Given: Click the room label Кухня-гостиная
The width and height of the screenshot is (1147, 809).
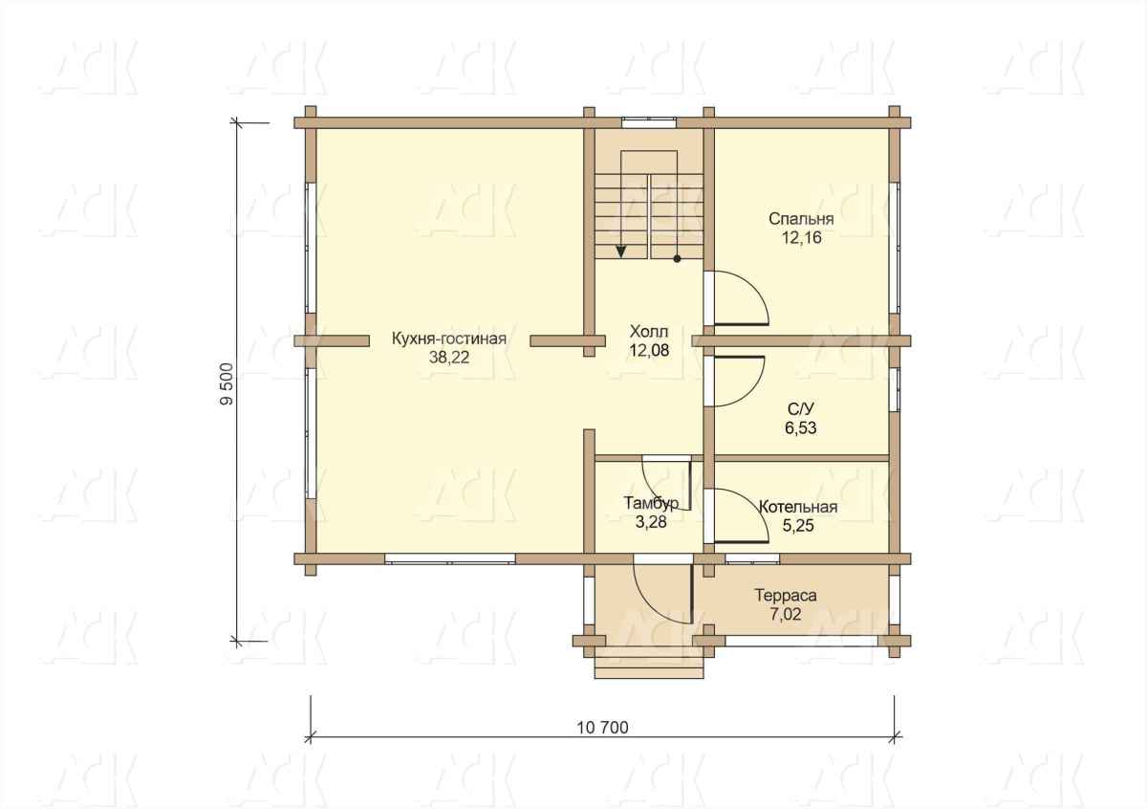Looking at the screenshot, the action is [449, 339].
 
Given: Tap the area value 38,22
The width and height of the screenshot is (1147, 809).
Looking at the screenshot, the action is [449, 358].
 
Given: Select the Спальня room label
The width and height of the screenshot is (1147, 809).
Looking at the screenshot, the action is [801, 219].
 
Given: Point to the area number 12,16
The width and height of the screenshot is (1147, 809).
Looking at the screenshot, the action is [801, 238].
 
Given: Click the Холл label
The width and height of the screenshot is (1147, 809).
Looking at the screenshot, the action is [649, 331].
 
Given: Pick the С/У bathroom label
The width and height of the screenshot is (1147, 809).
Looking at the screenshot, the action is [801, 409].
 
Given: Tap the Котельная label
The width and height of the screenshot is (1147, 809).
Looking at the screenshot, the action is [798, 507].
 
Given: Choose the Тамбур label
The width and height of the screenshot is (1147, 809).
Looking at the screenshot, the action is [651, 503].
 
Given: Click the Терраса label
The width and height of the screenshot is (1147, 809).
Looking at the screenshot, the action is [786, 596].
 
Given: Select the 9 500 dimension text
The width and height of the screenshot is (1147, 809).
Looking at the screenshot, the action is [227, 384].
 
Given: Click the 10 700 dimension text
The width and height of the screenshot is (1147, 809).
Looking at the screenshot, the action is [603, 728].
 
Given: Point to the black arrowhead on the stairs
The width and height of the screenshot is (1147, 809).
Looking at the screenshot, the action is [621, 251].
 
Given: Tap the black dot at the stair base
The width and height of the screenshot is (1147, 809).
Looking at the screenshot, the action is [677, 259].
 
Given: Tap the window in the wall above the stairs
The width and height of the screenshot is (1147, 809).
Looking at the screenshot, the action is [649, 122].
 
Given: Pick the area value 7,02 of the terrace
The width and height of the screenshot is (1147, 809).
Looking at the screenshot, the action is [786, 614].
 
